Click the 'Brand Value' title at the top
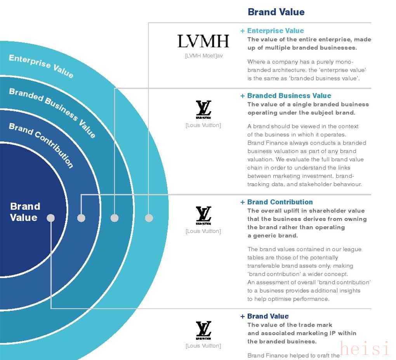pos(276,12)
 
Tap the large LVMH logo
pos(203,41)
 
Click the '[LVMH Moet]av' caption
pos(204,56)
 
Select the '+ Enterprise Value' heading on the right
pos(272,31)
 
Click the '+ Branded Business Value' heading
pos(285,96)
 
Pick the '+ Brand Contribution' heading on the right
pos(276,202)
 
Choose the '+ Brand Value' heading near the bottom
pos(264,316)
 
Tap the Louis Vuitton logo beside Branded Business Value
pos(203,110)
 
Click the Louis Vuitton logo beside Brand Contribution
pos(203,216)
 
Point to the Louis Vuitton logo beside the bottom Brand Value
pos(203,330)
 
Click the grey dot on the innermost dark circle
pos(51,218)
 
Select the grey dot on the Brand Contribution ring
pos(81,218)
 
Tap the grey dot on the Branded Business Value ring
pos(115,218)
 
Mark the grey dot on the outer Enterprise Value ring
pos(149,218)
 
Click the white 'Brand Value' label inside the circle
pos(24,212)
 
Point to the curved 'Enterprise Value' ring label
pos(41,66)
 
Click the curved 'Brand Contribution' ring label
pos(41,145)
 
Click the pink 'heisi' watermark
pos(364,348)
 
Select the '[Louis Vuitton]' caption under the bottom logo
pos(203,346)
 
